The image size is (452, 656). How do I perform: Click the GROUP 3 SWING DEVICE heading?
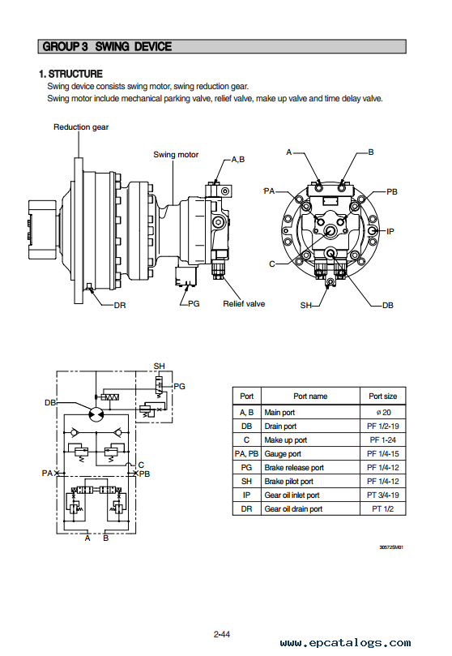click(x=107, y=46)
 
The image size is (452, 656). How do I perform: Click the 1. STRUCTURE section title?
click(x=70, y=74)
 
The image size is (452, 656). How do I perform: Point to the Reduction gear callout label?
click(x=81, y=126)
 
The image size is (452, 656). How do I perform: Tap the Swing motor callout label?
click(x=176, y=154)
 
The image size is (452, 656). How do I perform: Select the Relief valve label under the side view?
click(x=244, y=304)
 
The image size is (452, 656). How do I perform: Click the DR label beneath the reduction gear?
click(x=120, y=306)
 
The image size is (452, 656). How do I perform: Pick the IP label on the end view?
click(x=390, y=231)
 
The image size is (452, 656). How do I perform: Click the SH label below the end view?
click(x=306, y=306)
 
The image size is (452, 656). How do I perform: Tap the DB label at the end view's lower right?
click(x=388, y=306)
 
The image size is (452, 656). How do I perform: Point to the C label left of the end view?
click(x=272, y=264)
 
